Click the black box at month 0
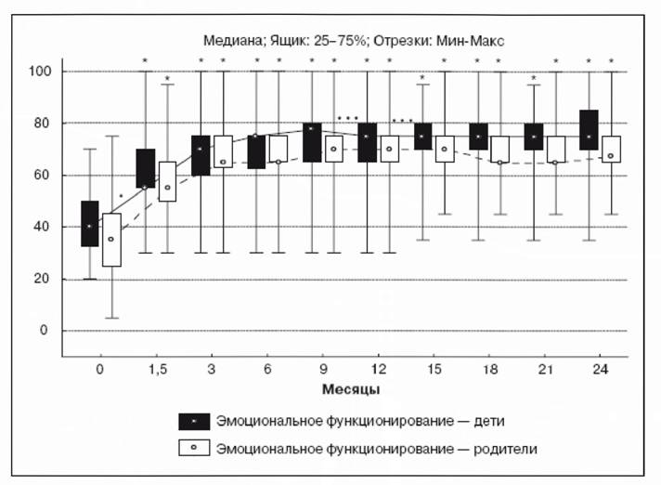point(90,224)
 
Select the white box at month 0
point(111,240)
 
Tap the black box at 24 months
point(589,130)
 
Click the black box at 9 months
point(312,142)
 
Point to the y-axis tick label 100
point(40,71)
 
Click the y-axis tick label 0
point(44,330)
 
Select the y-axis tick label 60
point(42,175)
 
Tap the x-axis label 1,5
point(157,370)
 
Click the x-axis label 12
point(378,370)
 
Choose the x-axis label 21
point(545,370)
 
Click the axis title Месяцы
point(351,389)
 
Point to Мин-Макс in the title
point(470,41)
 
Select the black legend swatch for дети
point(194,421)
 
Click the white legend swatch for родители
point(194,448)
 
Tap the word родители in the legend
point(505,449)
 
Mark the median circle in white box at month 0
point(110,239)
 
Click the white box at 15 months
point(445,149)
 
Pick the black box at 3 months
point(201,155)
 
